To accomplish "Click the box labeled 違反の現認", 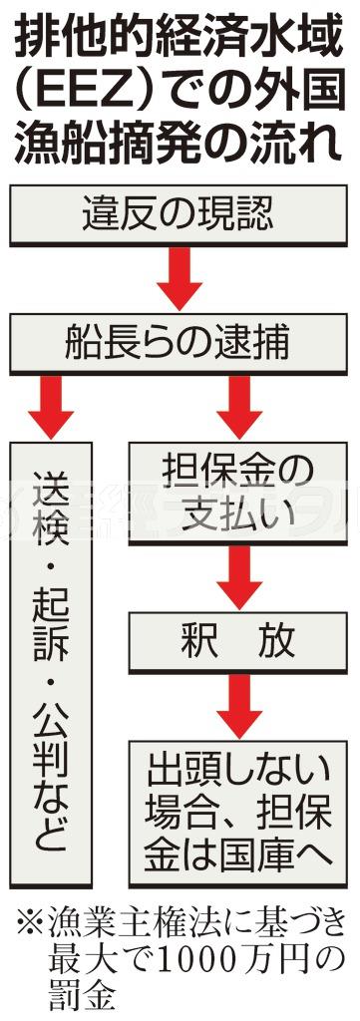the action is pos(180,213).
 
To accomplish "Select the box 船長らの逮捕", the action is pos(180,343).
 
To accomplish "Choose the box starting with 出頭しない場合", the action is pos(238,797).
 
